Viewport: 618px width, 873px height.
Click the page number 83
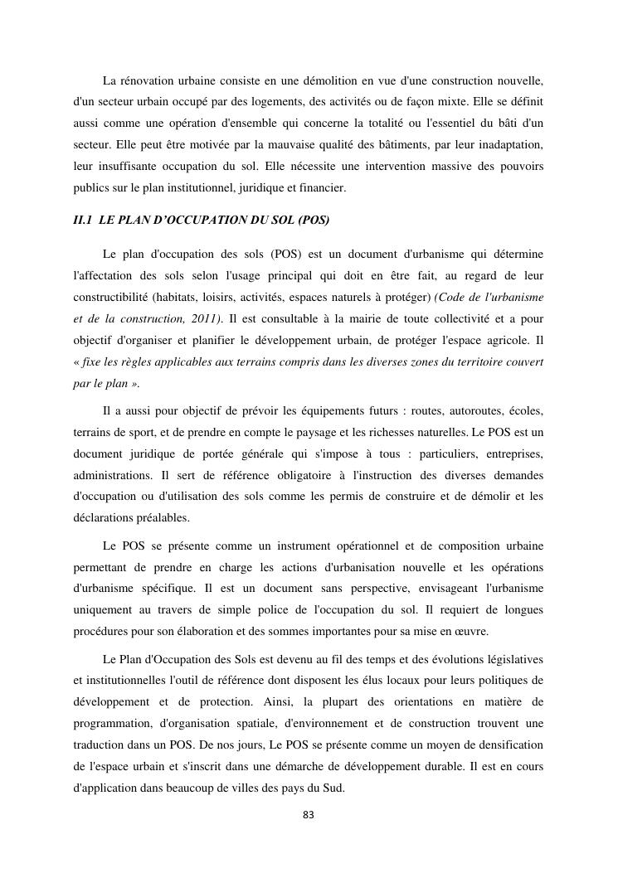pyautogui.click(x=309, y=815)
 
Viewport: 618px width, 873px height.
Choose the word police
pyautogui.click(x=274, y=610)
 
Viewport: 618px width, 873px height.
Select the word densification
pyautogui.click(x=504, y=745)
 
